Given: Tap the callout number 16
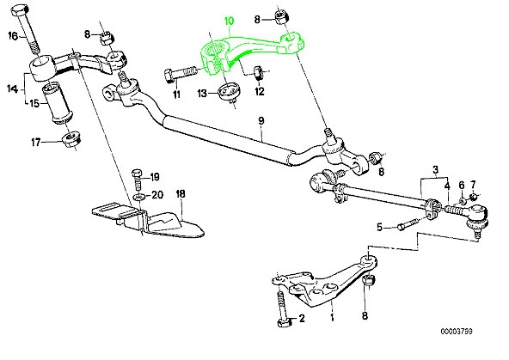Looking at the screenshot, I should pyautogui.click(x=13, y=35).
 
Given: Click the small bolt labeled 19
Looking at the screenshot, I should pyautogui.click(x=138, y=180).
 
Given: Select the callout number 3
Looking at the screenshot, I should pyautogui.click(x=436, y=169).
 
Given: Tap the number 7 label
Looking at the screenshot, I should pyautogui.click(x=471, y=185).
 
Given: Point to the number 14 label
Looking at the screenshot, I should pyautogui.click(x=12, y=87).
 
